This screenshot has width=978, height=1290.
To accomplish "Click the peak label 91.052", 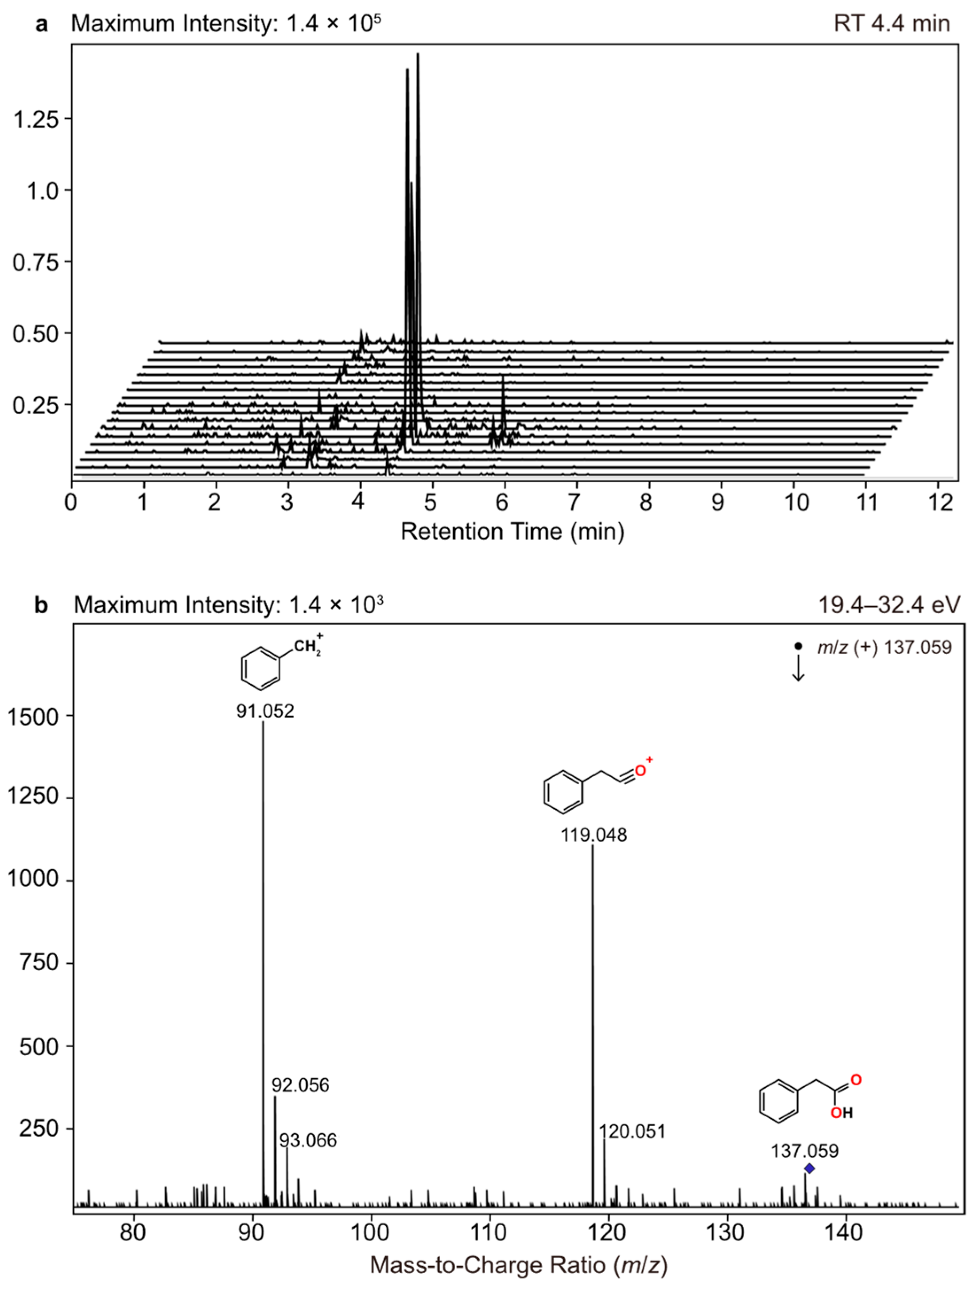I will pyautogui.click(x=265, y=711).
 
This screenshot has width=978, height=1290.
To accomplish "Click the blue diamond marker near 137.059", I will pyautogui.click(x=809, y=1168).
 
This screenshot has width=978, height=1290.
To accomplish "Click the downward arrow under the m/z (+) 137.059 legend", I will pyautogui.click(x=798, y=668).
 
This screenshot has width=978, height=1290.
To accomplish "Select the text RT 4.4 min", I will pyautogui.click(x=891, y=23).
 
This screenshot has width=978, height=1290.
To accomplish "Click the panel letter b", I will pyautogui.click(x=41, y=605).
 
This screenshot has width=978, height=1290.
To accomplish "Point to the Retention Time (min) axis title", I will pyautogui.click(x=512, y=531).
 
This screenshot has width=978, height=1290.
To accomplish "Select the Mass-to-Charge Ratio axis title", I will pyautogui.click(x=518, y=1264).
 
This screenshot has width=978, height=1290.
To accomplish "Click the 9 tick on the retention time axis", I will pyautogui.click(x=718, y=502).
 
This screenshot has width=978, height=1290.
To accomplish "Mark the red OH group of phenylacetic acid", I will pyautogui.click(x=842, y=1113).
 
